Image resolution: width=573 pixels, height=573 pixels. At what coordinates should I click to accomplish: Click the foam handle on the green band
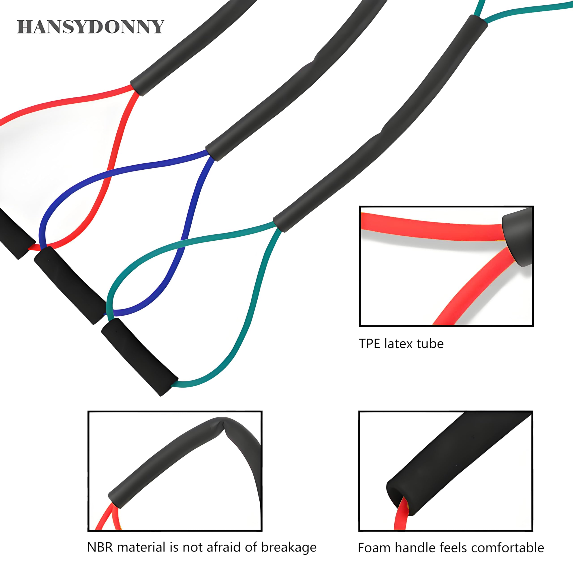tap(139, 357)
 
